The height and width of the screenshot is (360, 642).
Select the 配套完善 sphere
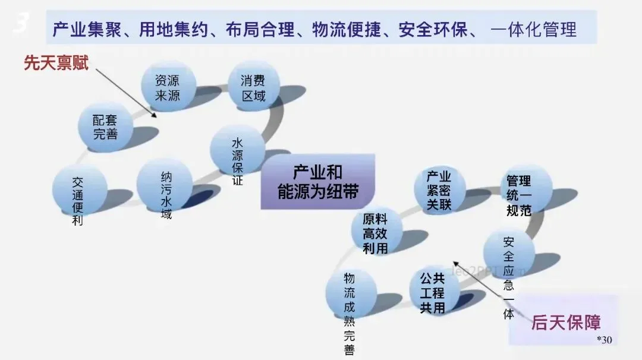(105, 127)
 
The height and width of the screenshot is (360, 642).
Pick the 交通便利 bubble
(78, 190)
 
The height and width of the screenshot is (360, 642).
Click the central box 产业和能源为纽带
(318, 182)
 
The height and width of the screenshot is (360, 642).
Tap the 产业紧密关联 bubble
(439, 190)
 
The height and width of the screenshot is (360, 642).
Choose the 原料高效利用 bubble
(375, 232)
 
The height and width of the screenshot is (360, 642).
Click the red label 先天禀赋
(56, 63)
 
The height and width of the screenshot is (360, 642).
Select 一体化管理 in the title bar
(534, 30)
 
